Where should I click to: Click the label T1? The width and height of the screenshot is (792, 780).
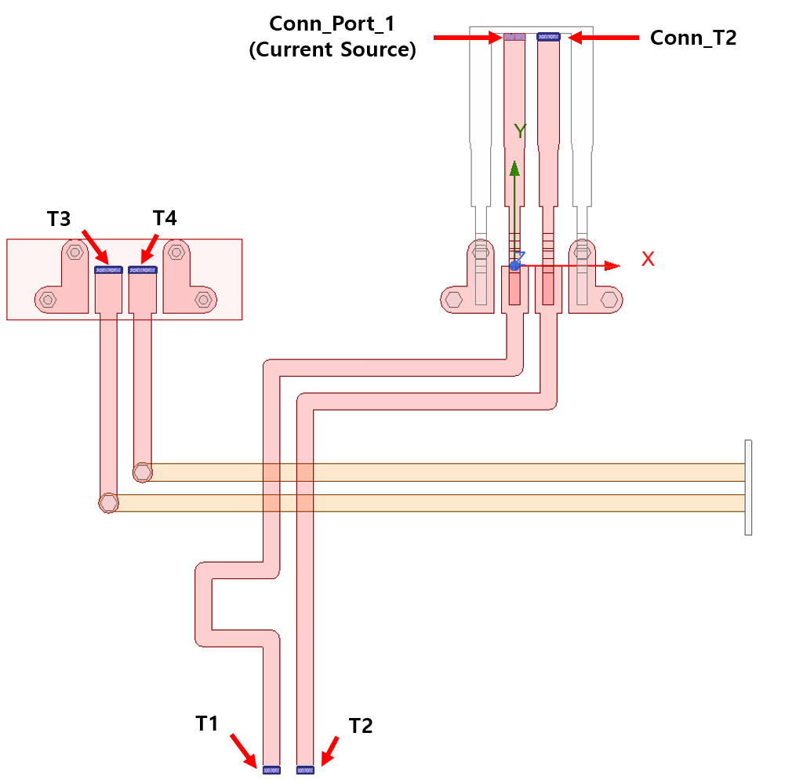pos(206,723)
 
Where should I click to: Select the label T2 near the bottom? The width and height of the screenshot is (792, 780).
pos(361,726)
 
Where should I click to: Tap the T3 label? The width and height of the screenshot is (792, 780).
pos(59,218)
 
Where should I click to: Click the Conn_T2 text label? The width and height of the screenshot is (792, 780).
pos(693,38)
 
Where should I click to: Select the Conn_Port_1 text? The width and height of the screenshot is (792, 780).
pos(332,24)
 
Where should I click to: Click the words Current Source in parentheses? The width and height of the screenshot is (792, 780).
pos(332,51)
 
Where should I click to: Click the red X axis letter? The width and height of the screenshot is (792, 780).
pos(648,259)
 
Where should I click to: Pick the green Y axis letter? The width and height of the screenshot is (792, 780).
pos(519,131)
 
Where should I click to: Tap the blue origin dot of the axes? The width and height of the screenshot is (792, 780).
pos(514,266)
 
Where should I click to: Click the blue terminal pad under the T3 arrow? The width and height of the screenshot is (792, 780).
pos(108,269)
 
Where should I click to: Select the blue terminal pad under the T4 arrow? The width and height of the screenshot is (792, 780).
pos(143,269)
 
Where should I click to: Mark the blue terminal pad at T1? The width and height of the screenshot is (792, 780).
pos(271,770)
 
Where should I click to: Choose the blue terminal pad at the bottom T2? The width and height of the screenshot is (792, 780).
pos(305,770)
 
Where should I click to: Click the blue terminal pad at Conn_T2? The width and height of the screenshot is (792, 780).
pos(547,36)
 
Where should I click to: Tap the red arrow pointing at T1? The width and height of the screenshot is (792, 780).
pos(243,750)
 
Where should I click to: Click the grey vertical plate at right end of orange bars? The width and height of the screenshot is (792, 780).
pos(748,487)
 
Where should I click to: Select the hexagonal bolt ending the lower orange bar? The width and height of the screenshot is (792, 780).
pos(108,502)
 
